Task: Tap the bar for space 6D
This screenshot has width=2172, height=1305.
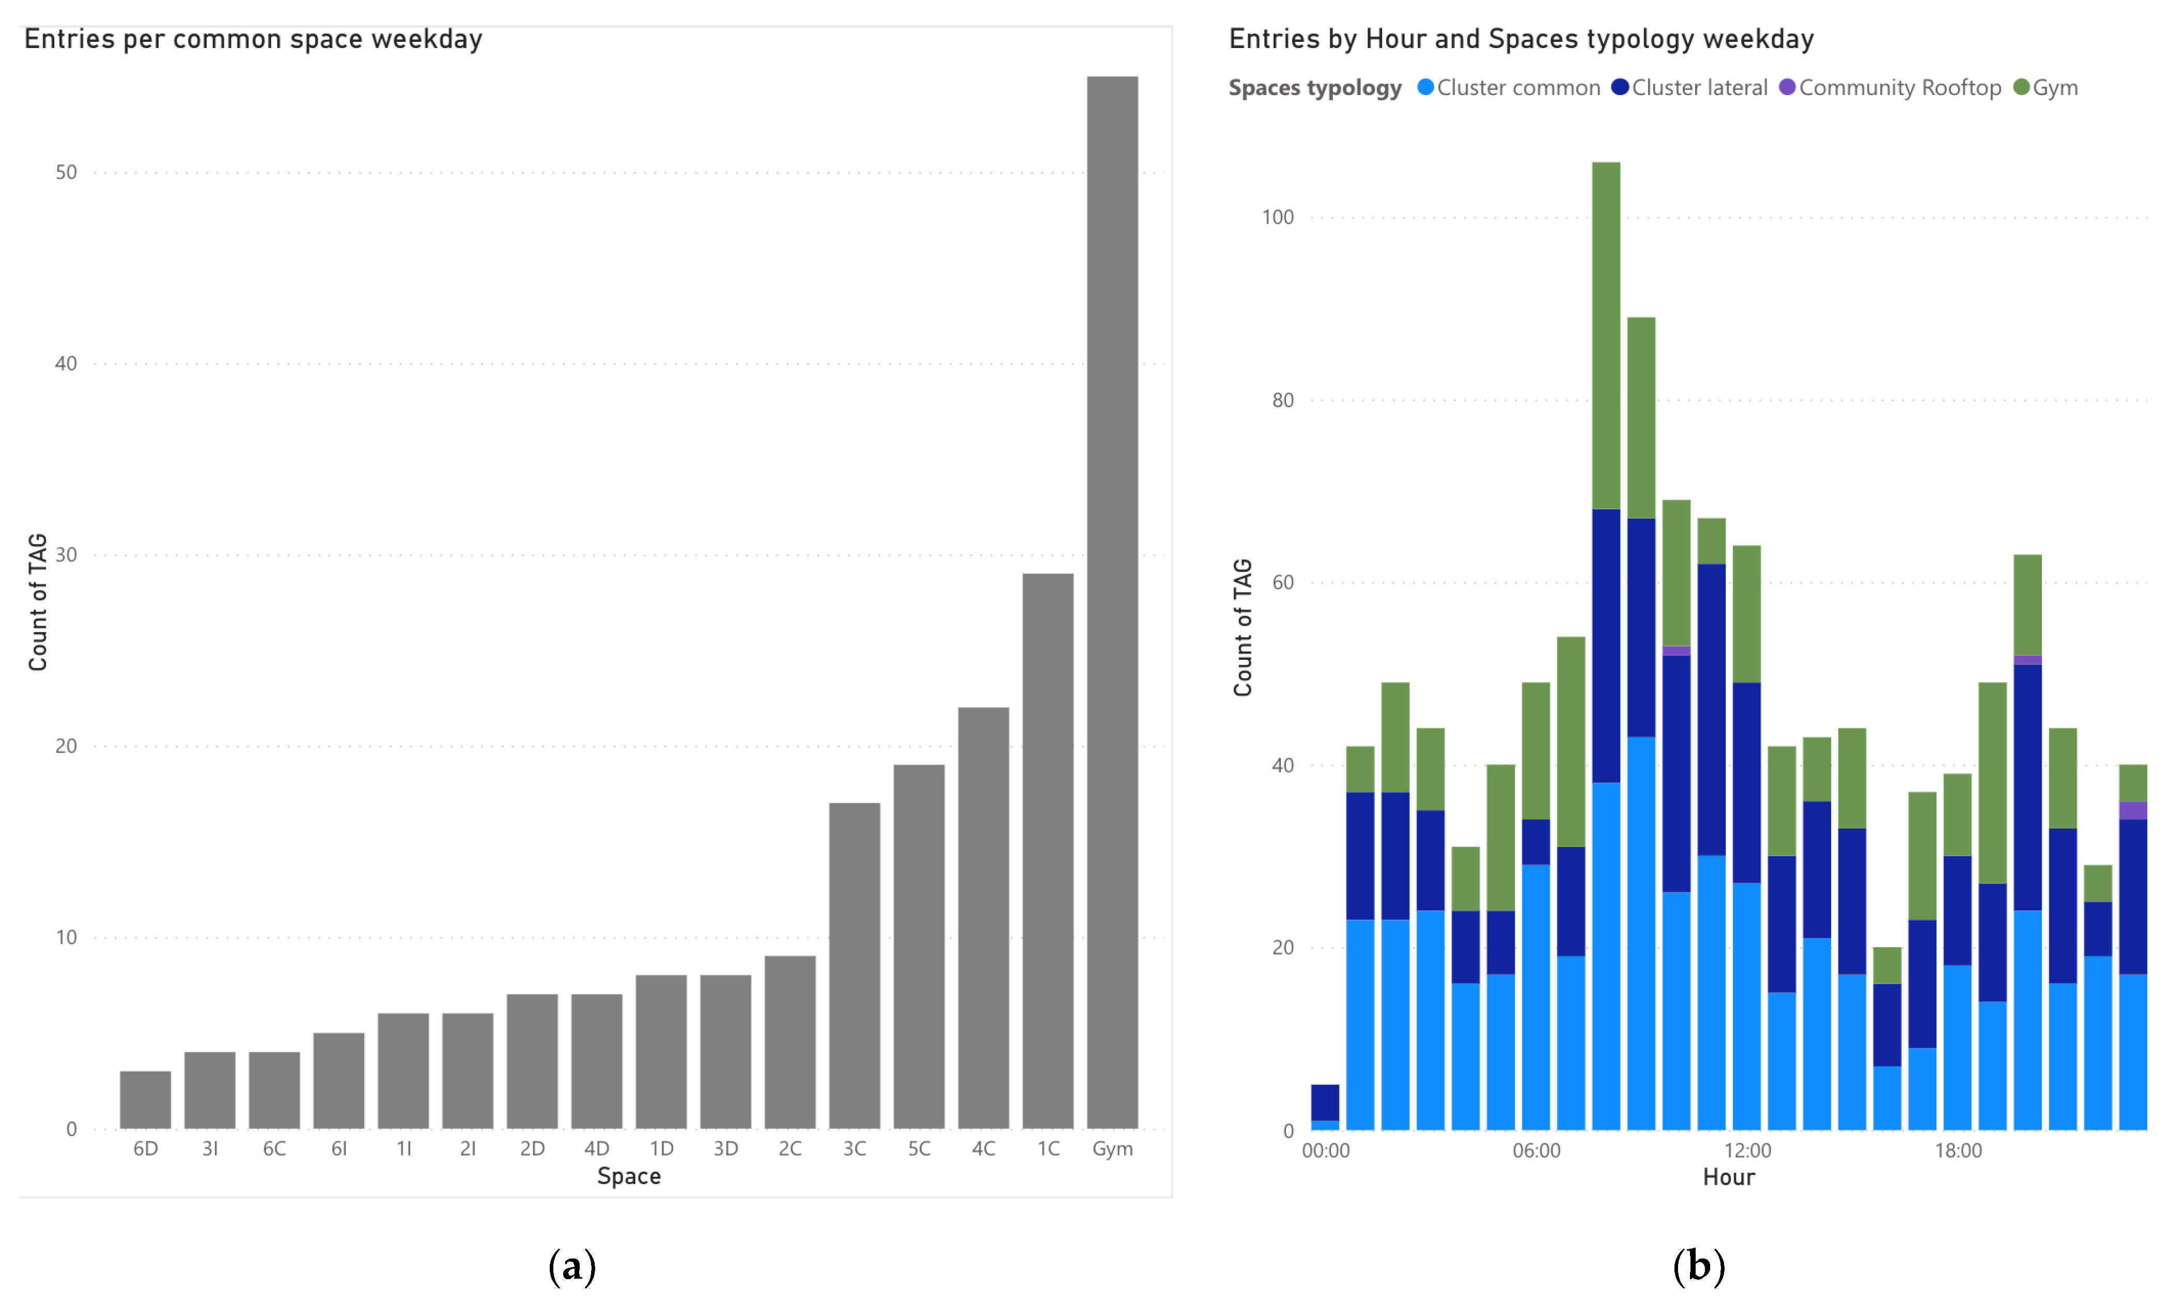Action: pos(145,1099)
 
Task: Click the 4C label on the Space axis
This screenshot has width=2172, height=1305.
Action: pos(983,1148)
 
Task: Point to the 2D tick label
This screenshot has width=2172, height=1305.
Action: pos(532,1148)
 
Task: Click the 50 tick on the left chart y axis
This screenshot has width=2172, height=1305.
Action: pos(66,173)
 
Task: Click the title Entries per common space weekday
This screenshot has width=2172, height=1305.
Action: pos(253,40)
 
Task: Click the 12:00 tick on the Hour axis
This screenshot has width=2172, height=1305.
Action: pos(1746,1150)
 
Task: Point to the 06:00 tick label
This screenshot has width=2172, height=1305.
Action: pos(1535,1150)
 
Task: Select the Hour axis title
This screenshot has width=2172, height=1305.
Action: pos(1728,1176)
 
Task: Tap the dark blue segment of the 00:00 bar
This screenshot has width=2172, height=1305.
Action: pos(1324,1102)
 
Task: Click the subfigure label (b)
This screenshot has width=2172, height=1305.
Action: pos(1698,1266)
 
